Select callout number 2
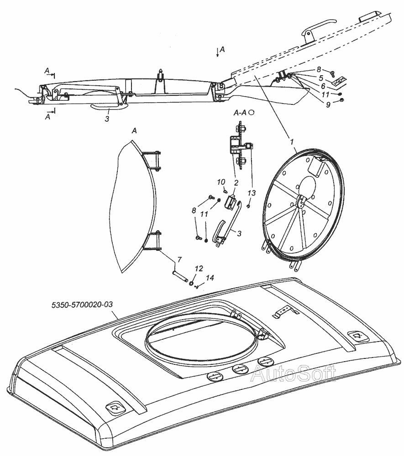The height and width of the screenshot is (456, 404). [x=236, y=183]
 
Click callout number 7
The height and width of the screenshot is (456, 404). [x=179, y=260]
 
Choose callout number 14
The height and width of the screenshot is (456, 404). [x=210, y=277]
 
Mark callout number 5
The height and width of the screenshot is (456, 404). [x=321, y=78]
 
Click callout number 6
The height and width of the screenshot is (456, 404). [x=323, y=85]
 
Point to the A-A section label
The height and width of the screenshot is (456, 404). [x=241, y=112]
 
